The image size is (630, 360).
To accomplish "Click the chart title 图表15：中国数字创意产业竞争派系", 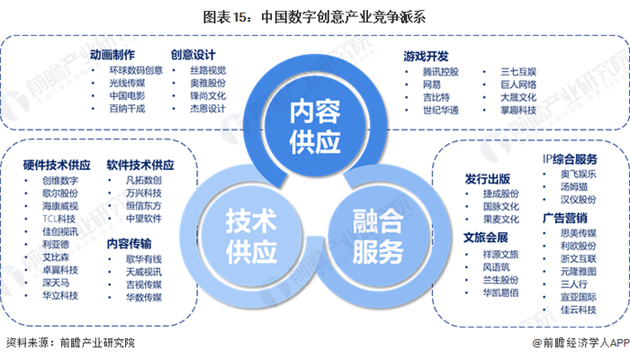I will [315, 16].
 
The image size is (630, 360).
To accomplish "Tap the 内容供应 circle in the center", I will [315, 127].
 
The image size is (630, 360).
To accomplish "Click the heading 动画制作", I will [114, 54].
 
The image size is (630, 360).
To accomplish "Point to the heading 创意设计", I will [193, 54].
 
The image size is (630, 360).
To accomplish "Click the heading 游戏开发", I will [427, 54].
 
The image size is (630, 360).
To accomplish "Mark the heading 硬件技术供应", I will [58, 165].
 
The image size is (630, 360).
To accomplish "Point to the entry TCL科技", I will [58, 219].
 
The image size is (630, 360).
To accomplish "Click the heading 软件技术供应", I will [140, 165].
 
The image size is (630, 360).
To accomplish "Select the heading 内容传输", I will [129, 243].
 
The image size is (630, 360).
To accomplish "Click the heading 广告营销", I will [565, 217].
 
